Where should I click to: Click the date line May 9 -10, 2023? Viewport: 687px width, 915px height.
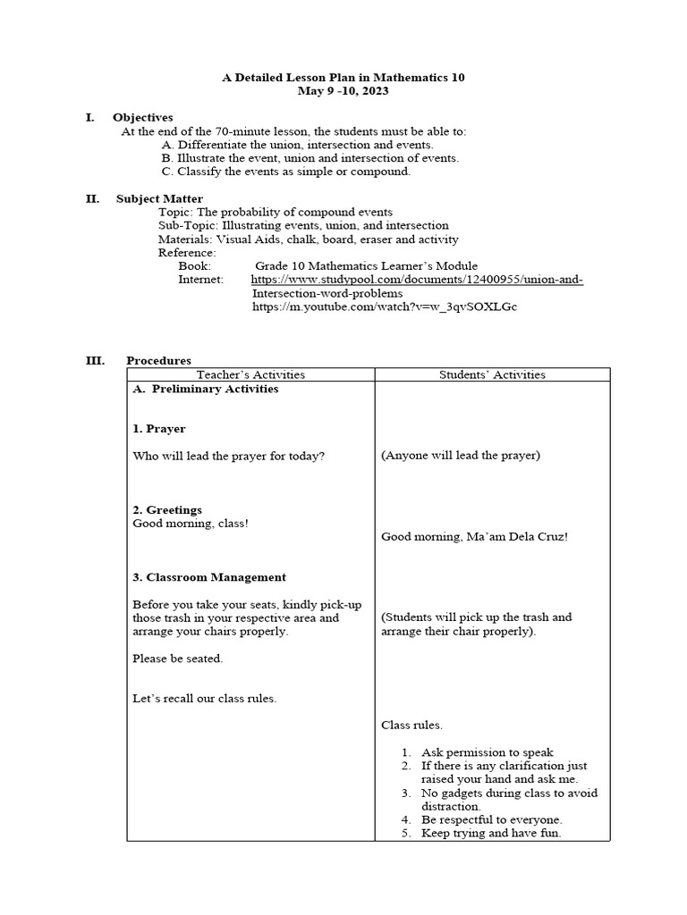point(343,91)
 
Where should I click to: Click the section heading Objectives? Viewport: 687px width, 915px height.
point(142,118)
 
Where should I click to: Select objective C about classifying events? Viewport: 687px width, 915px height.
point(285,172)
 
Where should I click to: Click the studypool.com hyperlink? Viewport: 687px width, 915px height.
point(417,280)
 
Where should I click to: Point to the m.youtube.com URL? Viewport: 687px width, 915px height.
point(385,306)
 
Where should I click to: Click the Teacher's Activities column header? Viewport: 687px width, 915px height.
point(250,374)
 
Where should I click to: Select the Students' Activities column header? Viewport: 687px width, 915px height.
point(492,374)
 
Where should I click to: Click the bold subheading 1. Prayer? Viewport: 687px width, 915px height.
point(158,429)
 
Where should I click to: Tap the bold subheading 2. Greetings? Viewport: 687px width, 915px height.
point(166,509)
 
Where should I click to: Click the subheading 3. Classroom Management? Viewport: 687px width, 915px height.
point(208,577)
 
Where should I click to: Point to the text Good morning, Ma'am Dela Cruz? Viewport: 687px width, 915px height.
point(474,537)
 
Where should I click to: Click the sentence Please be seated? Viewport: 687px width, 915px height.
point(177,659)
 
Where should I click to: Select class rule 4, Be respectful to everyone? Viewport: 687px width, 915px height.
point(491,819)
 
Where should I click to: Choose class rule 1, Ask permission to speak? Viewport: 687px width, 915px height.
point(488,752)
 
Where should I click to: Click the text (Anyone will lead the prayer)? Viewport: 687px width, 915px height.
point(461,456)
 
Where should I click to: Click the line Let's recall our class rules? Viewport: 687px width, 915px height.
point(204,699)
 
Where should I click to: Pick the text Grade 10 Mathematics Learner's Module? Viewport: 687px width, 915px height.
point(366,266)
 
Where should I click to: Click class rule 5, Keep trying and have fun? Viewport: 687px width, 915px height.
point(491,834)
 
